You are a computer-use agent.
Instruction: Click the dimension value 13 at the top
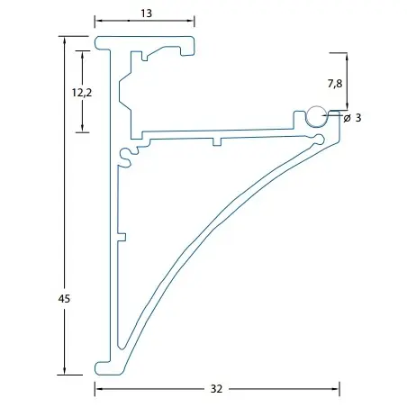point(146,14)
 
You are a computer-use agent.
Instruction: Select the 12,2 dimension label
point(82,93)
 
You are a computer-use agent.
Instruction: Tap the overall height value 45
point(64,299)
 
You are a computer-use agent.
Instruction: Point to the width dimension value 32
point(216,389)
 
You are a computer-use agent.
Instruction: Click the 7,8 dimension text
point(335,84)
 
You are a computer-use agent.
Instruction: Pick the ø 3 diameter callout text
point(352,118)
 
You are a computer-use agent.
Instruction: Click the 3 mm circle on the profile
point(317,115)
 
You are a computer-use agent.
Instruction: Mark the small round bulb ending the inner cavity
point(320,140)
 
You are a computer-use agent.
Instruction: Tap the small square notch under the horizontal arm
point(217,141)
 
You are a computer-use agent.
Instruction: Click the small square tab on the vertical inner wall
point(122,237)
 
